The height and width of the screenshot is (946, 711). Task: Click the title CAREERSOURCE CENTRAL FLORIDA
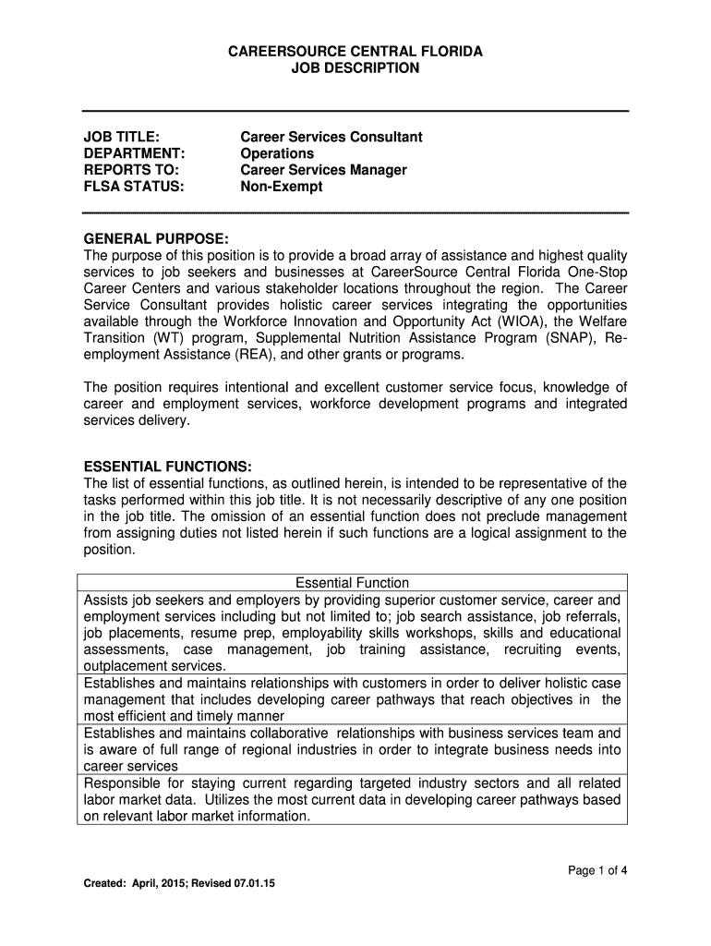click(355, 51)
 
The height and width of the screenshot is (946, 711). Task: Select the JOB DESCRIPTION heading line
click(355, 68)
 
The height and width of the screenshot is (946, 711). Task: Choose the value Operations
click(277, 153)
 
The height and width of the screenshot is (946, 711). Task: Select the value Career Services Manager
click(323, 170)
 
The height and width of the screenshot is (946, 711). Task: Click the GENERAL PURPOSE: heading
click(156, 238)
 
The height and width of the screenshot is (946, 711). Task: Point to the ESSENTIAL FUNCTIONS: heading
click(167, 466)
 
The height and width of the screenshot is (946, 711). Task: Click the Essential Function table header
click(352, 583)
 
